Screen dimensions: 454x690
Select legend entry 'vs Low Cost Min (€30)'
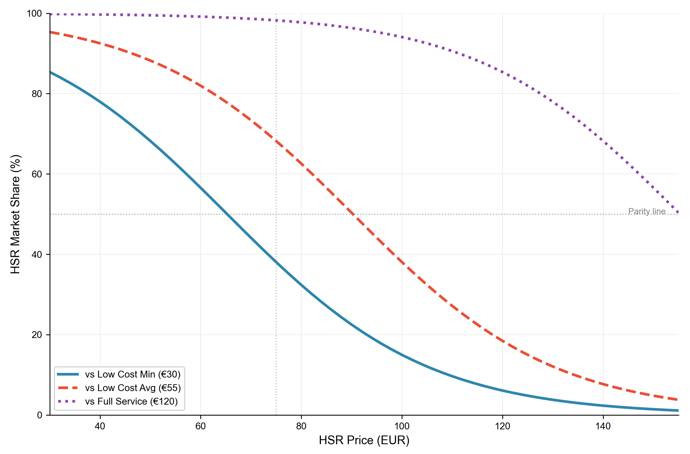(x=133, y=374)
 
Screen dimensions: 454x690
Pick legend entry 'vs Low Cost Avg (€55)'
(x=133, y=388)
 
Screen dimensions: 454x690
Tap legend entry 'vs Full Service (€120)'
(x=131, y=401)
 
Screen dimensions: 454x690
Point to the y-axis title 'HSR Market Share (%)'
(x=15, y=214)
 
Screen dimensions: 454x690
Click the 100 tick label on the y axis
(x=34, y=14)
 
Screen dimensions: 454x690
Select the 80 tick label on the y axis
(x=37, y=94)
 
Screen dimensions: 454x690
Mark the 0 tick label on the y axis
(x=40, y=415)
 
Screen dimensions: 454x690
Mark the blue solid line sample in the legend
(x=68, y=374)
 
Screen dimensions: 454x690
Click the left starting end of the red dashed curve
(x=51, y=32)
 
